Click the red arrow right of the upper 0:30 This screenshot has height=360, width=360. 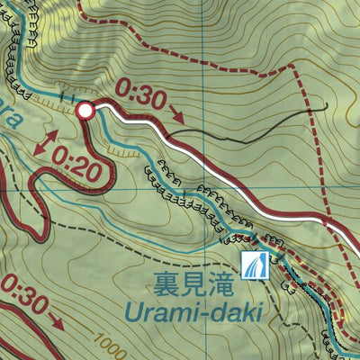(176, 115)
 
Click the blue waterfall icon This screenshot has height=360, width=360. (254, 265)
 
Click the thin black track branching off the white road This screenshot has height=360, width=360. (252, 129)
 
